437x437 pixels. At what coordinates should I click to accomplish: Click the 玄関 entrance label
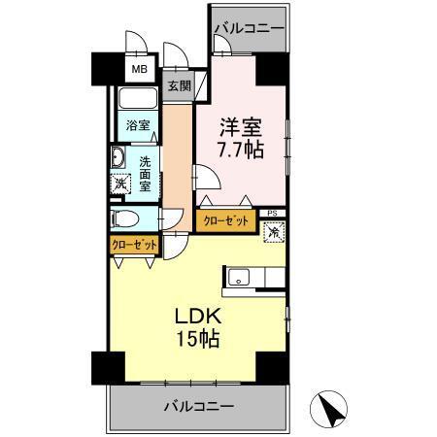tap(179, 85)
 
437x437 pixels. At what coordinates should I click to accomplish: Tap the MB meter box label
tap(141, 71)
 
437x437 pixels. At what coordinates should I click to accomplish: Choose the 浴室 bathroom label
tap(137, 124)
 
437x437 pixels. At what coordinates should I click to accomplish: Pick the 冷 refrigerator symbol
tap(274, 232)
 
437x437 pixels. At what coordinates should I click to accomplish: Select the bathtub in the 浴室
tap(138, 100)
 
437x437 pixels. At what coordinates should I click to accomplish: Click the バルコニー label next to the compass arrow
tap(197, 404)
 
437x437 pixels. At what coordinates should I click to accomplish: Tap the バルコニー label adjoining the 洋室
tap(250, 28)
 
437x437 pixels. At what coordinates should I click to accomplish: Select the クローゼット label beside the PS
tap(226, 221)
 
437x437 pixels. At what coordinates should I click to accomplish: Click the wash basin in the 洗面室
tap(118, 159)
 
